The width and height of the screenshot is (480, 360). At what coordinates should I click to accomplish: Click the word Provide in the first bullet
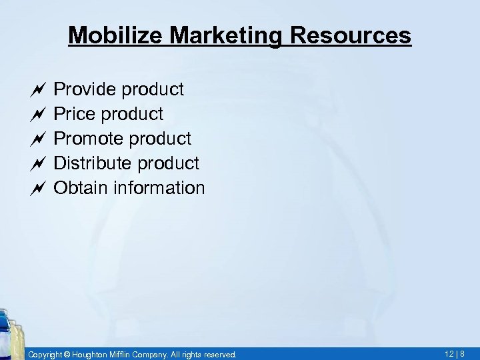click(x=82, y=89)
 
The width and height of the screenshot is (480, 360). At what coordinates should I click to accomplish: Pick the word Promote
click(x=87, y=139)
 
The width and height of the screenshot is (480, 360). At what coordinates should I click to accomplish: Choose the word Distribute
click(x=91, y=163)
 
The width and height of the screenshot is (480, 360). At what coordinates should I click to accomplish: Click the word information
click(x=158, y=188)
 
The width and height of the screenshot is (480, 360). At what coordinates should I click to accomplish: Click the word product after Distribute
click(x=166, y=163)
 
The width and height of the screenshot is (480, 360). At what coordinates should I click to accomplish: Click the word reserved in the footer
click(x=219, y=355)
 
